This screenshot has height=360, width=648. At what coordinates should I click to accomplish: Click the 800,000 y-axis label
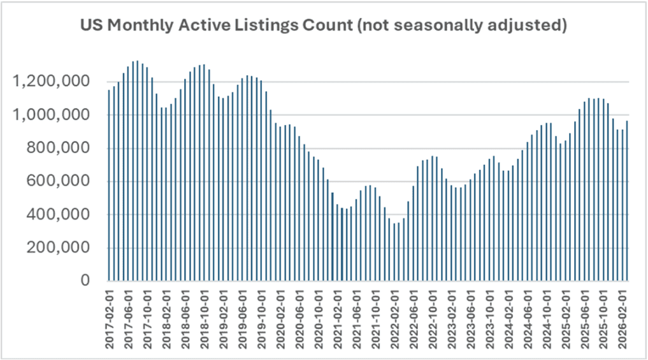click(62, 148)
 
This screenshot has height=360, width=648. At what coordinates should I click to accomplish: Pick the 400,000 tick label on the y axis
click(62, 215)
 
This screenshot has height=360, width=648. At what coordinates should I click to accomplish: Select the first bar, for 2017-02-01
click(109, 191)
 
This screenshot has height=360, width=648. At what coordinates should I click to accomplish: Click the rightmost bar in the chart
click(627, 204)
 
